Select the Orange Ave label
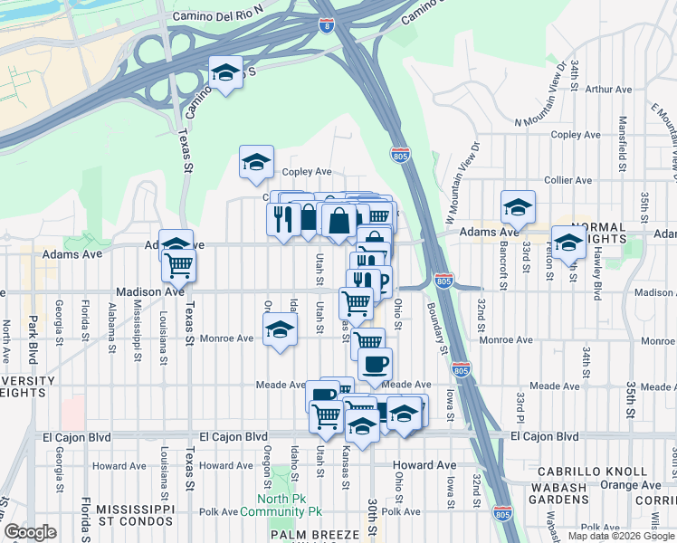pyautogui.click(x=629, y=484)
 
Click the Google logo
pyautogui.click(x=31, y=532)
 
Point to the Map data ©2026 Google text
pyautogui.click(x=620, y=536)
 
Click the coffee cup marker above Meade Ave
pyautogui.click(x=374, y=365)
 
